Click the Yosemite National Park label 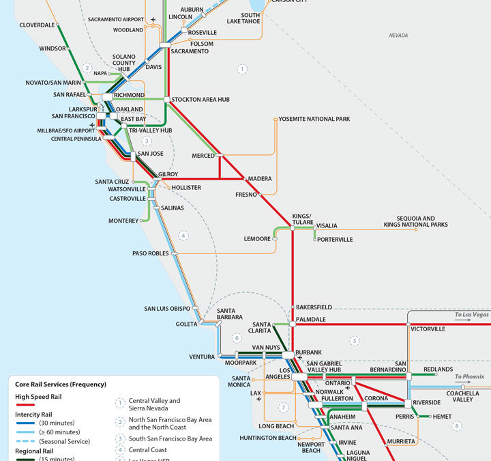pos(314,119)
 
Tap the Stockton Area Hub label pos(200,100)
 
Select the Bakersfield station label pos(314,307)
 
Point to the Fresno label pos(246,195)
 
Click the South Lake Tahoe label pos(250,18)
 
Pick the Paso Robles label pos(150,253)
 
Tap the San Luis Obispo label pos(167,309)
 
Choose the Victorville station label pos(428,329)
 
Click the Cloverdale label pos(37,25)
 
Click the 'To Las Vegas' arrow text pos(472,315)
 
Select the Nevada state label pos(398,36)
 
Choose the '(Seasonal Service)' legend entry pos(51,442)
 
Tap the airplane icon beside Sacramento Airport pos(153,19)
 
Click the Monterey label pos(123,221)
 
